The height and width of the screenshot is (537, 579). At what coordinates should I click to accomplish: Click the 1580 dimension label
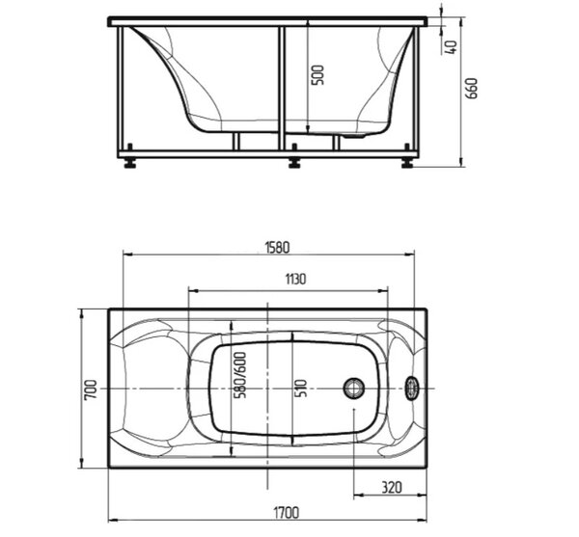pyautogui.click(x=277, y=248)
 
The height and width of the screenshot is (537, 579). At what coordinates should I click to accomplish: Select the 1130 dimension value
pyautogui.click(x=295, y=280)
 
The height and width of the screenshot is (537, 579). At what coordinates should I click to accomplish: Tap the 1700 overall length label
pyautogui.click(x=287, y=513)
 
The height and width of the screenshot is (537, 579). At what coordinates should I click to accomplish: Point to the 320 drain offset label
pyautogui.click(x=392, y=488)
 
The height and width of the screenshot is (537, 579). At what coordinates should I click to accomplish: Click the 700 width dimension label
pyautogui.click(x=91, y=389)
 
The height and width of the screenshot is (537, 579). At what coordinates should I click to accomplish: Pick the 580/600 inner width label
pyautogui.click(x=240, y=375)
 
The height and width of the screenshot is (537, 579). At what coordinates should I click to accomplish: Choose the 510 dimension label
pyautogui.click(x=301, y=388)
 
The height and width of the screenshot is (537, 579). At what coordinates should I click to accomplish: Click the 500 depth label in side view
pyautogui.click(x=317, y=75)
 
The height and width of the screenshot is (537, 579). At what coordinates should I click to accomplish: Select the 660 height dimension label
pyautogui.click(x=472, y=89)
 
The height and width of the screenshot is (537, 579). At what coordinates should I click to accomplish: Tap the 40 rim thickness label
pyautogui.click(x=452, y=47)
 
